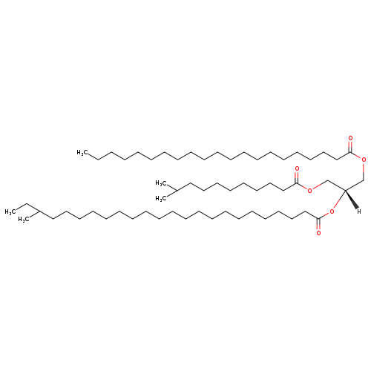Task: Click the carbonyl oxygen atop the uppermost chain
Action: pos(350,138)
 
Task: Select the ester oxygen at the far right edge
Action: pos(364,160)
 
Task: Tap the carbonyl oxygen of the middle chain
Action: pos(297,169)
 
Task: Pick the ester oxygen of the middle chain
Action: pos(309,191)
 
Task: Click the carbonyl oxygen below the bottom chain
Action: pos(318,233)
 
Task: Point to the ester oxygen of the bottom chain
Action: pos(332,211)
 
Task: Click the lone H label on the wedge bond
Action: pos(359,211)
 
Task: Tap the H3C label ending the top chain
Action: pos(82,153)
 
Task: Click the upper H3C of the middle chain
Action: pos(161,183)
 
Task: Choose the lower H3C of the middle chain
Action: pos(161,199)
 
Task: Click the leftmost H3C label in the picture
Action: pos(10,211)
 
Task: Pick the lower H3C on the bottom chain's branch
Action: pos(24,220)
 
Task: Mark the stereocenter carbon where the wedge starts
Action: pos(345,190)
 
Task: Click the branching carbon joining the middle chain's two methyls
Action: pos(177,191)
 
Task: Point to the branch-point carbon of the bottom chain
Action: pos(40,211)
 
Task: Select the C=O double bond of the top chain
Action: pos(350,146)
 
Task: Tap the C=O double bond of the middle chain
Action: pos(297,177)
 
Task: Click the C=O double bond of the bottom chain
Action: pos(318,224)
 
